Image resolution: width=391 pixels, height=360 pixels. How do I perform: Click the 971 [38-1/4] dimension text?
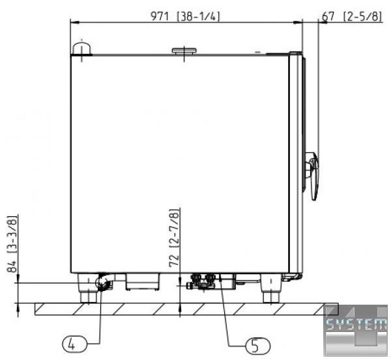[185, 16]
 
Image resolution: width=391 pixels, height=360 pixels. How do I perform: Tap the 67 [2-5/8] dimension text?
[352, 16]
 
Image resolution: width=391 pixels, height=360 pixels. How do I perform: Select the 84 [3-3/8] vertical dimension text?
[13, 243]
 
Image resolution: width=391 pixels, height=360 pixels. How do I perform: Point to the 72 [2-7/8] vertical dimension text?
[174, 238]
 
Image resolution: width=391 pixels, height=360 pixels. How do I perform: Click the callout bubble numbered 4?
[74, 345]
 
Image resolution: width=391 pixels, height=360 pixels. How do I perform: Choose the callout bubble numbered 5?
[257, 346]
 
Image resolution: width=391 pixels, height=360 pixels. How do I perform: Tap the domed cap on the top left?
[81, 49]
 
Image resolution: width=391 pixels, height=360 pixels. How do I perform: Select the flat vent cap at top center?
[184, 51]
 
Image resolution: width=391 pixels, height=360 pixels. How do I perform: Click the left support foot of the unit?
[87, 288]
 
